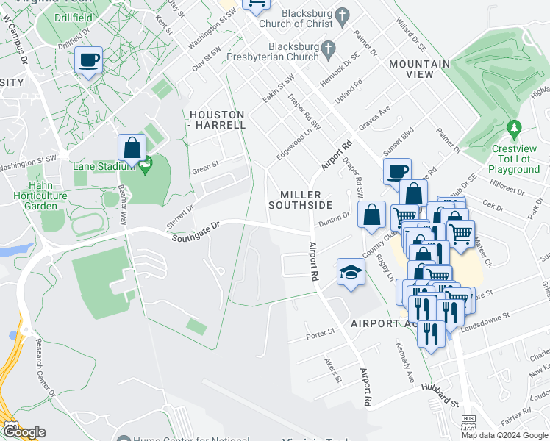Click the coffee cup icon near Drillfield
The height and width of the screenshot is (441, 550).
pos(89,61)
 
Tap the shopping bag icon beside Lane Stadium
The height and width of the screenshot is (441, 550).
pos(131,148)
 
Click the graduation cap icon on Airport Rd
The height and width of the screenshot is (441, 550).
pos(351,272)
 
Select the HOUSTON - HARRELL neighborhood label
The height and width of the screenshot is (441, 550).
pos(217,120)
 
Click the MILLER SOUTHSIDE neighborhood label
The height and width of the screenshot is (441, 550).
pos(301,199)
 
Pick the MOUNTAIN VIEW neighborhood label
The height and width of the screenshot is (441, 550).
pos(419,69)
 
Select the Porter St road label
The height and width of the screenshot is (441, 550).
pos(321,334)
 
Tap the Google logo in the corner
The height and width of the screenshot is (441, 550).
pos(24,431)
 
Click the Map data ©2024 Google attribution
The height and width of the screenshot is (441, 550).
pos(504,435)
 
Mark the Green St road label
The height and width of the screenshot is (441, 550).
pos(205,167)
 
